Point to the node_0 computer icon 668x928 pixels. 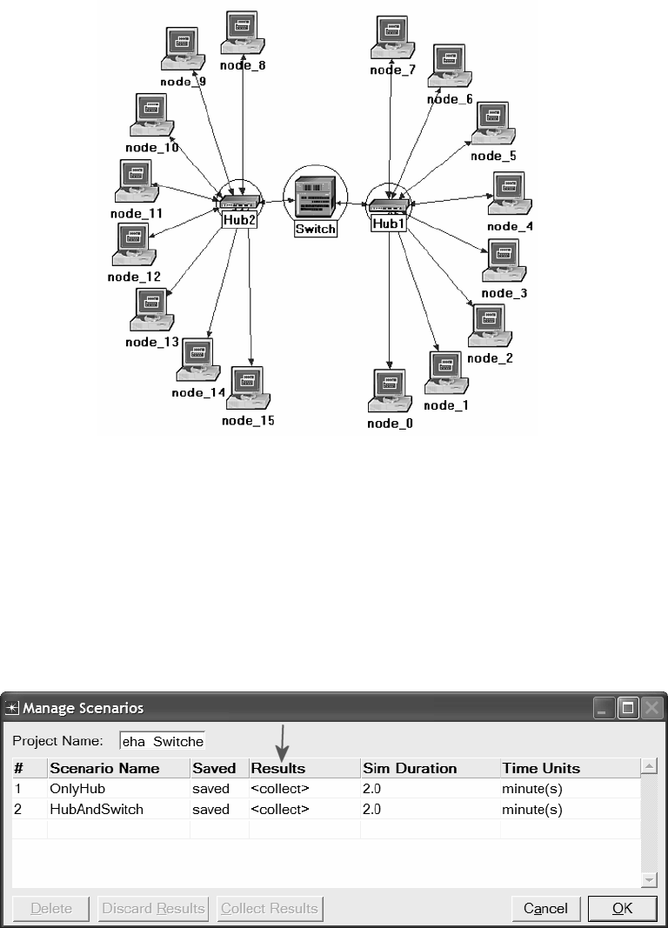point(390,391)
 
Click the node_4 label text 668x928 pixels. point(503,227)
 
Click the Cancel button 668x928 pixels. point(545,908)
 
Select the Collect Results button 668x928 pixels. point(269,908)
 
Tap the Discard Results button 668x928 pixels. point(153,908)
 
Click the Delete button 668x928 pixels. point(51,908)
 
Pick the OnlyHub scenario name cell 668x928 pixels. point(118,789)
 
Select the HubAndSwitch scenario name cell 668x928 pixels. point(118,809)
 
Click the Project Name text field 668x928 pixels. point(162,741)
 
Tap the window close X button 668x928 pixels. point(651,709)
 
